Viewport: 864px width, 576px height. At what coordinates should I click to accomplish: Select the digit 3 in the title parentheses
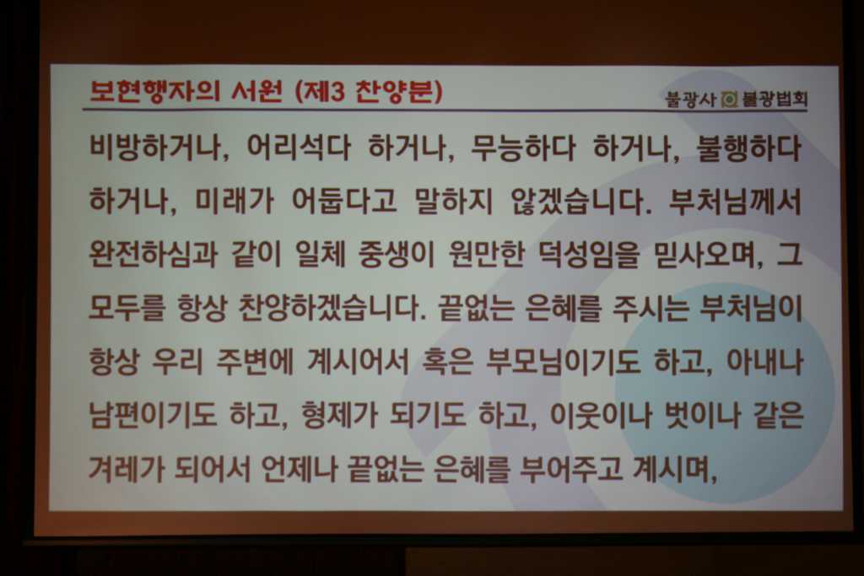337,91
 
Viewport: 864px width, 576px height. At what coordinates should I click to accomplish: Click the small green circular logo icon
729,100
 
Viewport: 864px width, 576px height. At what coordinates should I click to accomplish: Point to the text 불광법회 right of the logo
775,100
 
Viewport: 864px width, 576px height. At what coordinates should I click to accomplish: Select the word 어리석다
298,148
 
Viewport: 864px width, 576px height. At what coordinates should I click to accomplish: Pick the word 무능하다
523,148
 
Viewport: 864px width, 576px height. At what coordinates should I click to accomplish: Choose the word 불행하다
749,148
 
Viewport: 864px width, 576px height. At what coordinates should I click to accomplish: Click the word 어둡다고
343,201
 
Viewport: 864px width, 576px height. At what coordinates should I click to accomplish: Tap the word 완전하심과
154,254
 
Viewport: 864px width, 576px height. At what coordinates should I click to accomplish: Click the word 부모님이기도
563,361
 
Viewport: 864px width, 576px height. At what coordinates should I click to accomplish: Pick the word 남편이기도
154,414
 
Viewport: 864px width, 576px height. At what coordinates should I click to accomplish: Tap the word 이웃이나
601,414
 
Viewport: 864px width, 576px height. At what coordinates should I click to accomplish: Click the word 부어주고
571,468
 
